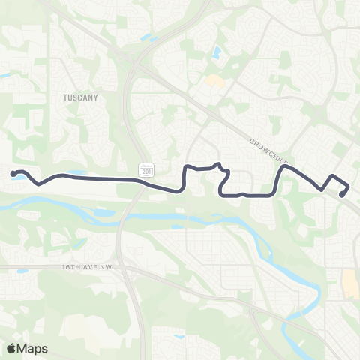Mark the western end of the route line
[x=13, y=174]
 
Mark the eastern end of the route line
[x=341, y=195]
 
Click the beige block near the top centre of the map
[x=214, y=79]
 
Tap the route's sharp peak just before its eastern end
[x=332, y=176]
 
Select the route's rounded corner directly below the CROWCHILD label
[x=283, y=169]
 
